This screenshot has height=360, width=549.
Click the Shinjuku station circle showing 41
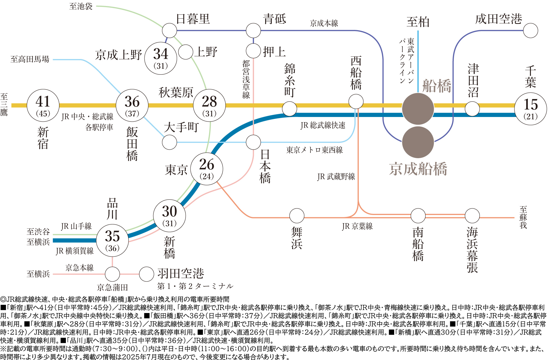[43, 105]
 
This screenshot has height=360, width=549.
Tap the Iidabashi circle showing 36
[132, 105]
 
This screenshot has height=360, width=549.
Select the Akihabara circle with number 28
[209, 105]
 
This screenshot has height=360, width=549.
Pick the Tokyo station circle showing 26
[207, 169]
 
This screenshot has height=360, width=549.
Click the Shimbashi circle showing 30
[169, 216]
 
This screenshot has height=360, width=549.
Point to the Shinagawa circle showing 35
[112, 241]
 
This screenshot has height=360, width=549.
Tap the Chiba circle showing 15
[531, 109]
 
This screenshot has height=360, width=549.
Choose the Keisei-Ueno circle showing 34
[161, 58]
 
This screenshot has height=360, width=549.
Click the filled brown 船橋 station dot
[418, 109]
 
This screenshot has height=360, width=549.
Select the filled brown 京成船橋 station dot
[418, 142]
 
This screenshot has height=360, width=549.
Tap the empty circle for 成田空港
[531, 30]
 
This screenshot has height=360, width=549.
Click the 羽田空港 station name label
[181, 274]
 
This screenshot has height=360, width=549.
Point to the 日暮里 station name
[193, 19]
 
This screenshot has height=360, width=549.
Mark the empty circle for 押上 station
[253, 51]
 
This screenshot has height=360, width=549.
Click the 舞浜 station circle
[297, 216]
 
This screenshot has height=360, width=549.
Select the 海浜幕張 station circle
[472, 216]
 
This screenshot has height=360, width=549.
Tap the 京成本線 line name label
[324, 23]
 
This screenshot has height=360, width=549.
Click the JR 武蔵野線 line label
[336, 177]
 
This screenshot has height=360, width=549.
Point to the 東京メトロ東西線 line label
[315, 150]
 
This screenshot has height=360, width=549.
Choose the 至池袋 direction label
[81, 6]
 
